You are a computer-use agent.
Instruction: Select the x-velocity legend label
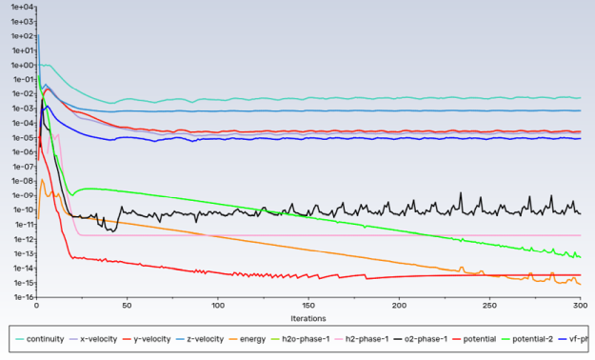coord(102,339)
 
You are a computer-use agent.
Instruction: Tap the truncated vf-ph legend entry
coord(581,339)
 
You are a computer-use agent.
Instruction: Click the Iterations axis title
coord(307,317)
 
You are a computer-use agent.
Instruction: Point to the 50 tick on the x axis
coord(127,306)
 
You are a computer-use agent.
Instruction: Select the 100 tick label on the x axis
coord(218,306)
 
